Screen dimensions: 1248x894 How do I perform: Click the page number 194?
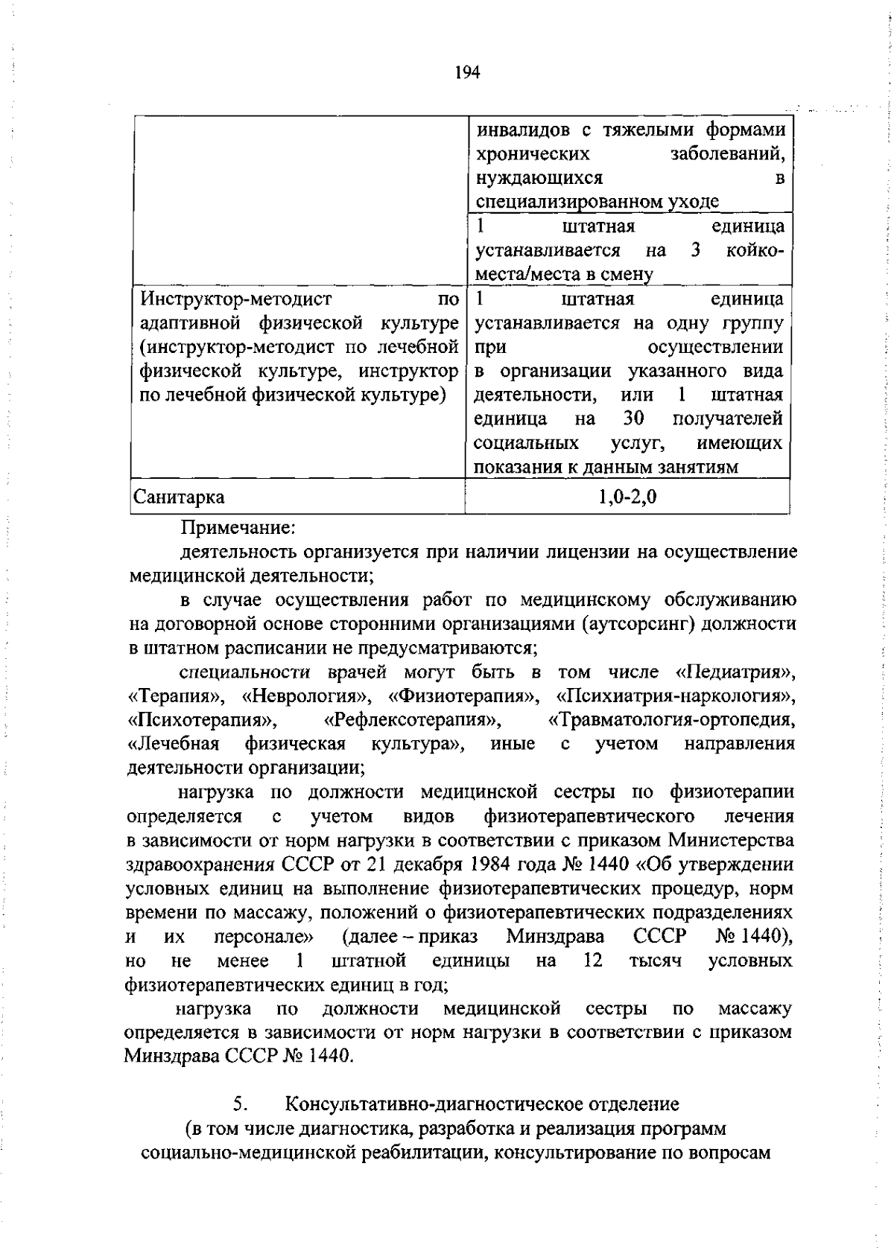point(466,73)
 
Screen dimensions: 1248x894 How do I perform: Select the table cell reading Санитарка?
point(178,497)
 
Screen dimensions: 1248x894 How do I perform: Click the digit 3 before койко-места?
point(696,251)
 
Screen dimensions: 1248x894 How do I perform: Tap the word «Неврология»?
point(306,697)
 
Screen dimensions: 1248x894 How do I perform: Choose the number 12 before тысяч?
point(593,960)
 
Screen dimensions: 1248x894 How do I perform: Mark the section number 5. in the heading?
point(239,1104)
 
